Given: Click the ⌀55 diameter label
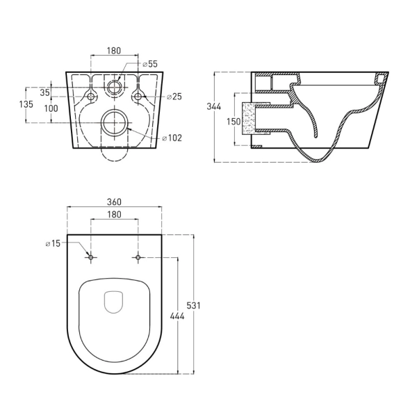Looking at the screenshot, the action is pyautogui.click(x=150, y=64).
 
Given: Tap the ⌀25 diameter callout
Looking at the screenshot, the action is pyautogui.click(x=174, y=97).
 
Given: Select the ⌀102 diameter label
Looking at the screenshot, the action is pyautogui.click(x=172, y=138).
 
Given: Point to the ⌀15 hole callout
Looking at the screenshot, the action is pyautogui.click(x=54, y=243).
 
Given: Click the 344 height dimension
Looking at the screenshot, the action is pyautogui.click(x=214, y=106).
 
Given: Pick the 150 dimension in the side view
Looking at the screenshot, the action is pyautogui.click(x=234, y=122).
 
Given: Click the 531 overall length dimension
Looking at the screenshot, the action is pyautogui.click(x=193, y=306).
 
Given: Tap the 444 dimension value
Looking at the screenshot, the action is pyautogui.click(x=177, y=316).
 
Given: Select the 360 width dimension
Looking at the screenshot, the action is pyautogui.click(x=114, y=202).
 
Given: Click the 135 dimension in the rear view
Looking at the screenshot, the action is pyautogui.click(x=26, y=104).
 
